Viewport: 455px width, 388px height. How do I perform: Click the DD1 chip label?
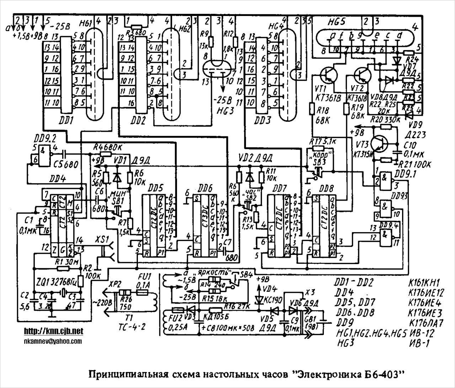coord(65,121)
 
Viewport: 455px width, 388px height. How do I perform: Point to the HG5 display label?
coord(337,22)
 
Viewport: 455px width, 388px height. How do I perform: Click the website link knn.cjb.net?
coord(54,331)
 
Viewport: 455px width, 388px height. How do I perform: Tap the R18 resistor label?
coord(321,111)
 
